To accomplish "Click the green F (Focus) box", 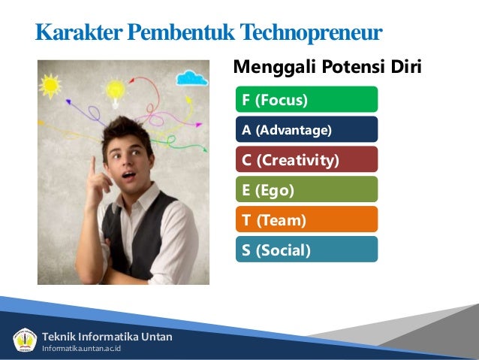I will (x=306, y=99).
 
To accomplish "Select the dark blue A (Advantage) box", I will (x=306, y=130).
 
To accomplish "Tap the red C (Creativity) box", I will (x=306, y=160).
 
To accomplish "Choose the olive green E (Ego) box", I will (x=306, y=190).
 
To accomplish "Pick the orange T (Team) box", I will (x=306, y=220).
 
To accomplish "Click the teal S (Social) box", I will (x=306, y=250).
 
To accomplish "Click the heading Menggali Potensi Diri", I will (x=327, y=68).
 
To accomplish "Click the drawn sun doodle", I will (x=50, y=85).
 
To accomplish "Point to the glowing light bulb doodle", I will (x=115, y=89).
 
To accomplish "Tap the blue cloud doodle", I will (x=192, y=77).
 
